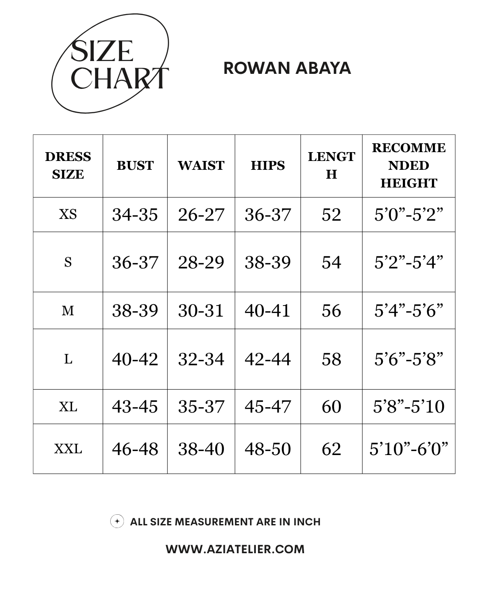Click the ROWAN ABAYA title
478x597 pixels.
point(287,68)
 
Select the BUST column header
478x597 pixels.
point(135,166)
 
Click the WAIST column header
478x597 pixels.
point(201,166)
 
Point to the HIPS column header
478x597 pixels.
point(268,166)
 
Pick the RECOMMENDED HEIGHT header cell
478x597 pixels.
point(409,166)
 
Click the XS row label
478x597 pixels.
point(68,214)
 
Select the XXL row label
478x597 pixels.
point(68,449)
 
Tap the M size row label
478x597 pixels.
point(68,311)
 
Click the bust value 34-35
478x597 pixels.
point(135,215)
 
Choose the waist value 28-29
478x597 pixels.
point(201,262)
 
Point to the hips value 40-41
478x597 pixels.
point(268,311)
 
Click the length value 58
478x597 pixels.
point(332,359)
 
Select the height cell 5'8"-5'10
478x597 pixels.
point(409,406)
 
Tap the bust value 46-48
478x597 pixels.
point(135,449)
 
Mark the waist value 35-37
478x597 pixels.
point(201,407)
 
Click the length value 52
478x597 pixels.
point(332,215)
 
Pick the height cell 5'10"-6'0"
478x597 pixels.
point(409,449)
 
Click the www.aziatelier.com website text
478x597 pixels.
point(235,549)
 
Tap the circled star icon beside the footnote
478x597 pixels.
point(117,521)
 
